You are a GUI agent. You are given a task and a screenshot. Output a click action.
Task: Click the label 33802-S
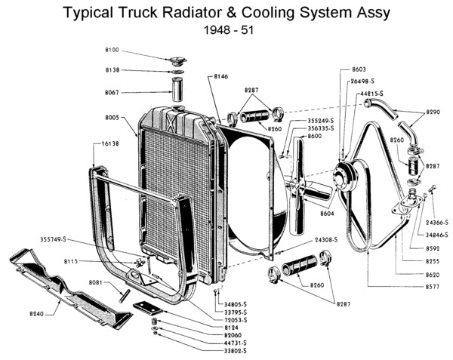pyautogui.click(x=235, y=350)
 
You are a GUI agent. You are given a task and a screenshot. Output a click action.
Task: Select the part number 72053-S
pyautogui.click(x=235, y=320)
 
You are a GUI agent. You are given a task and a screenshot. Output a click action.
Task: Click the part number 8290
pyautogui.click(x=433, y=112)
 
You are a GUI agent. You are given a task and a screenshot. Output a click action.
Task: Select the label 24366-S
pyautogui.click(x=436, y=223)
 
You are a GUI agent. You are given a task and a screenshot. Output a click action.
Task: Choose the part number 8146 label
pyautogui.click(x=221, y=76)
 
